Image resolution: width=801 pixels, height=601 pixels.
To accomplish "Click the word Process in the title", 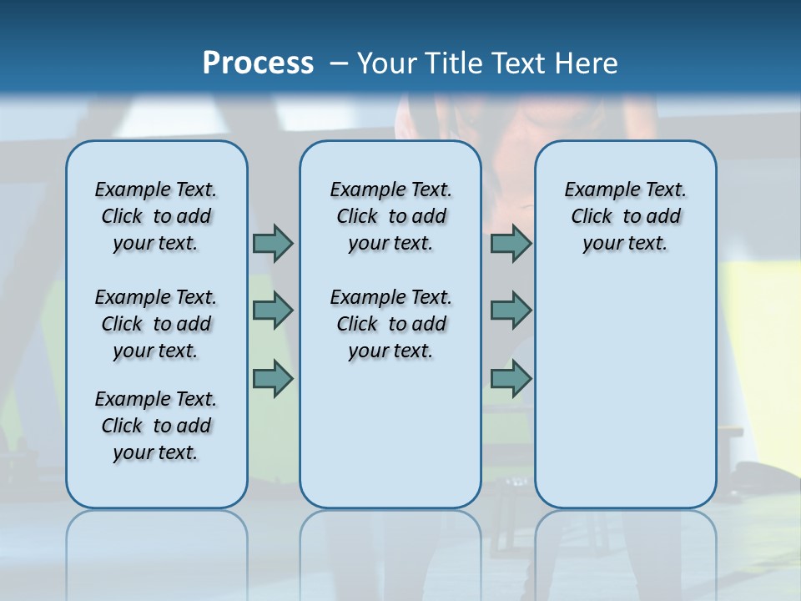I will coord(258,63).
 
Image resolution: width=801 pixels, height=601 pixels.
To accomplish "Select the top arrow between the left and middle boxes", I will coord(273,243).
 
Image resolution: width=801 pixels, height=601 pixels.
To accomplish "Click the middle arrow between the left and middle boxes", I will coord(273,311).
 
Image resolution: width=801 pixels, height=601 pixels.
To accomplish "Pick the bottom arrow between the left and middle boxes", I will coord(273,379).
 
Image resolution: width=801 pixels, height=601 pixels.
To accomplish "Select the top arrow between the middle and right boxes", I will coord(511,243).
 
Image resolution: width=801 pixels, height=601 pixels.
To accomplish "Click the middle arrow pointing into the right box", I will coord(511,311).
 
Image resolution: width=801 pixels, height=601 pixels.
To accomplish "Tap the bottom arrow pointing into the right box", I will coord(511,379).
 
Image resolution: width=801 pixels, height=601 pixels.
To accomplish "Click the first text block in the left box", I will coord(156,216).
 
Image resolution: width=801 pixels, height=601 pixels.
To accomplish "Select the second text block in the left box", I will coord(156,324).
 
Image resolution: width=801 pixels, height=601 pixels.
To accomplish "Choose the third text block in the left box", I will coord(156,426).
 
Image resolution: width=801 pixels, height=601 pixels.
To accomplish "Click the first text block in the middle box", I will coord(390,216).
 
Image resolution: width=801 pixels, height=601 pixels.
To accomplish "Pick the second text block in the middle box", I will coord(390,324).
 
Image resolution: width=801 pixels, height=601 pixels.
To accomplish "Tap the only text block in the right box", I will coord(625,216).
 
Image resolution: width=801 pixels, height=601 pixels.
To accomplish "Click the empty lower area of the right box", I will coord(625,401).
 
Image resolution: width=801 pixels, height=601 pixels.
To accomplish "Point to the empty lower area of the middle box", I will coord(390,434).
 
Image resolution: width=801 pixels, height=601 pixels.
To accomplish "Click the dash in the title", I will coord(339,63).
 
